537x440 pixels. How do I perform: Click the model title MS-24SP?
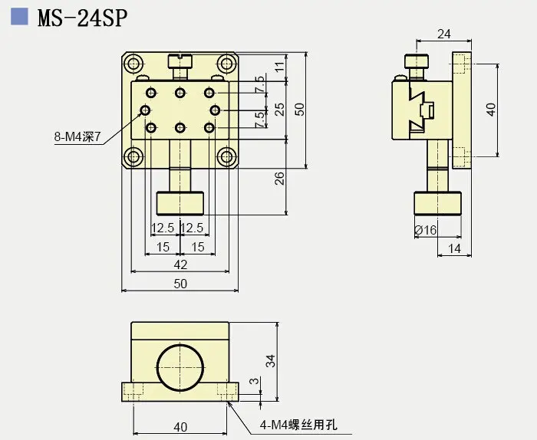83,17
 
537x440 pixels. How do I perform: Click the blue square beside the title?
21,16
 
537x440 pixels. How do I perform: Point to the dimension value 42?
180,264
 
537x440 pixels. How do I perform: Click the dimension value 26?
280,178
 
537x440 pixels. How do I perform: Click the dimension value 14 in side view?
455,248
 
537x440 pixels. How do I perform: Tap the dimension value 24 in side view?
443,34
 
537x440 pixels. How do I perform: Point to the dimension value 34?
270,361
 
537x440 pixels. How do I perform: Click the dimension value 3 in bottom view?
255,383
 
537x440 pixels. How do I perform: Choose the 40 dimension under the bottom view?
180,426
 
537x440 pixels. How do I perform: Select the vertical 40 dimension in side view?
492,108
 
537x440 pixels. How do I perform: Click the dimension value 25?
280,109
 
